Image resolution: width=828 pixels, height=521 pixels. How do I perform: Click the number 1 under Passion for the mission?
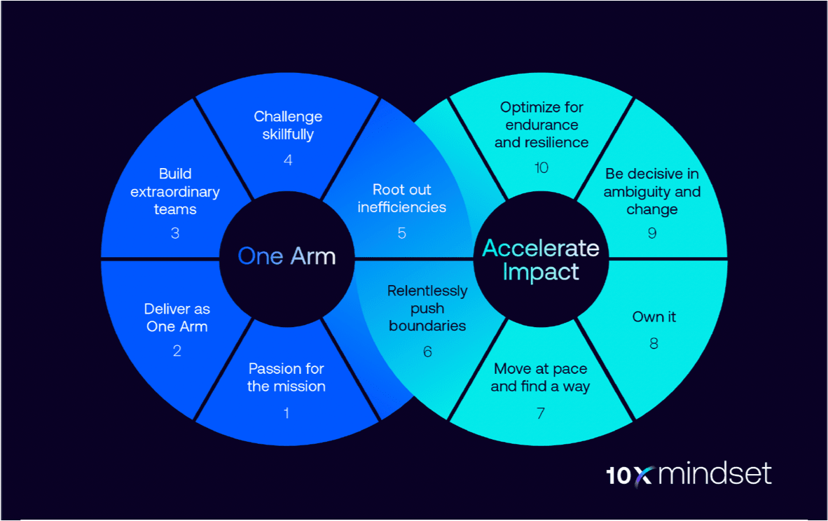[x=286, y=413]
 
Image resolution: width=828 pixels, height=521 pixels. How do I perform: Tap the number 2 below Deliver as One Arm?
[x=177, y=351]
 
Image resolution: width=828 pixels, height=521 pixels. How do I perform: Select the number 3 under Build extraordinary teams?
[x=175, y=234]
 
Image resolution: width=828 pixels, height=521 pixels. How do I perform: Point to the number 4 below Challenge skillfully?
[x=288, y=160]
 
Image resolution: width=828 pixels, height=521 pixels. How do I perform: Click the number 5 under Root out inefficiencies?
[x=401, y=233]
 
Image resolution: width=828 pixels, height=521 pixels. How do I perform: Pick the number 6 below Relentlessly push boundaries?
[x=427, y=351]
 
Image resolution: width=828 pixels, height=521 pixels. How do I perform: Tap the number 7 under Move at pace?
[x=540, y=413]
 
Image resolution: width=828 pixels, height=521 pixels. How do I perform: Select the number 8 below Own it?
[x=654, y=343]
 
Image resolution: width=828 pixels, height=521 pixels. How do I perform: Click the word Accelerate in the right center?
[x=541, y=248]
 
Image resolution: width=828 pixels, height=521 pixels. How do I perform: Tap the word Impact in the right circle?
[x=541, y=272]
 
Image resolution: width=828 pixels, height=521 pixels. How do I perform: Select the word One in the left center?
[x=260, y=256]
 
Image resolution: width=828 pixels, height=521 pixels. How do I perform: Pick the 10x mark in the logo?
[x=628, y=475]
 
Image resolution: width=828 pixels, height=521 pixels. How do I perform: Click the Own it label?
[x=654, y=317]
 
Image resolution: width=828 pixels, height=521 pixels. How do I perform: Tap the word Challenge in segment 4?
[x=288, y=116]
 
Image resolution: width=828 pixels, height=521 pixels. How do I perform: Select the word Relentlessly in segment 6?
[x=427, y=291]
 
